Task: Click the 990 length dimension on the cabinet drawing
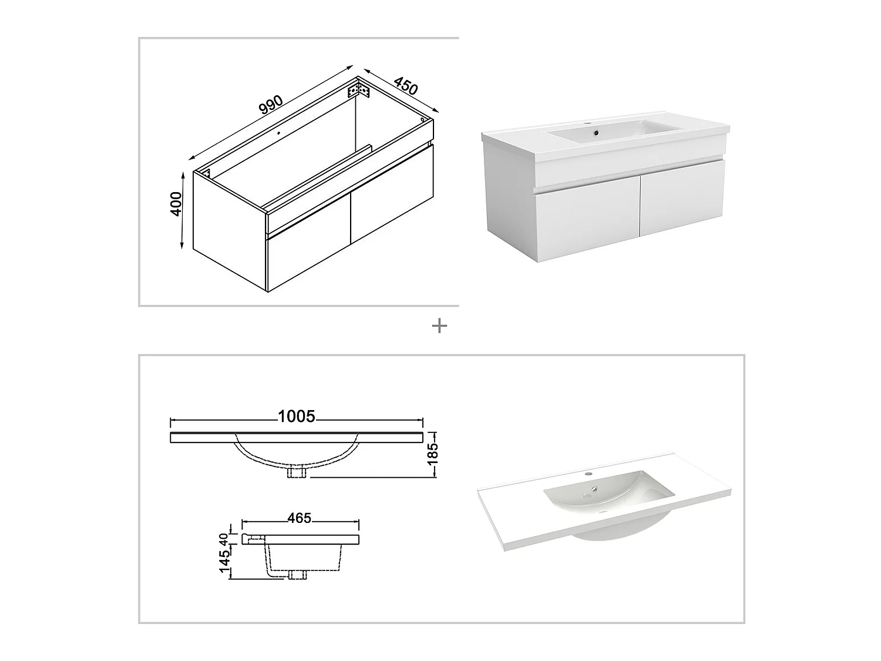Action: [x=271, y=105]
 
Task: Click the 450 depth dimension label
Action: [x=405, y=85]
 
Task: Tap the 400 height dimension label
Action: [x=176, y=204]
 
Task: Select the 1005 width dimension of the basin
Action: [x=297, y=417]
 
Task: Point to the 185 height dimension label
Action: [x=433, y=455]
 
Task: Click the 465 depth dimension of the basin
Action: [x=300, y=518]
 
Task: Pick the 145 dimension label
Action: [x=225, y=561]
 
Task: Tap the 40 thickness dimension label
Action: [x=224, y=539]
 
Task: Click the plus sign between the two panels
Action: [x=439, y=326]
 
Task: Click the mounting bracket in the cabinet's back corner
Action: [x=358, y=90]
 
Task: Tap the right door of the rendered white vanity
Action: [x=682, y=198]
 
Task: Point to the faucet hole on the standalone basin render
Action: [x=589, y=474]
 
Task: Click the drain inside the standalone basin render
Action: [x=594, y=489]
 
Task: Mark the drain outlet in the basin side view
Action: [x=297, y=575]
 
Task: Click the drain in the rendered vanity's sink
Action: [x=596, y=132]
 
